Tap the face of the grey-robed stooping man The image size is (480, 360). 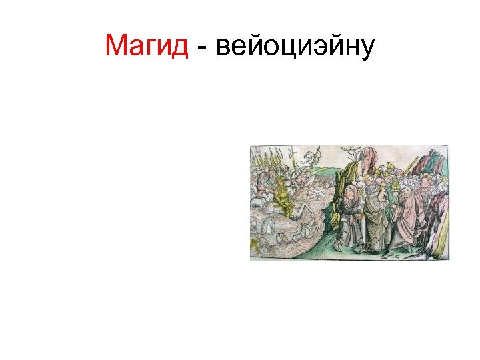tap(351, 193)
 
